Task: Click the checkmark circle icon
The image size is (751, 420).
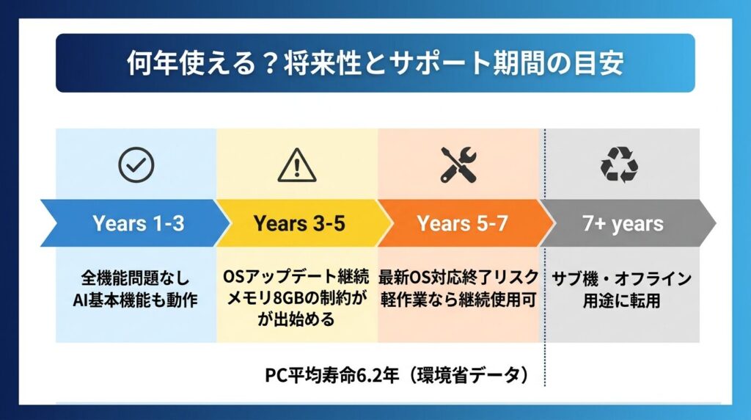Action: (136, 165)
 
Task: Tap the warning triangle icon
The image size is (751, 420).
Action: (297, 165)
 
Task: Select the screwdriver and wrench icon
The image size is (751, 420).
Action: (458, 164)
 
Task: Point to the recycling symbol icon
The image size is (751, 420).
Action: (619, 165)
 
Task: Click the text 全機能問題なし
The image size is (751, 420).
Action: (136, 278)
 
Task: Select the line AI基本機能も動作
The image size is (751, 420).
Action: (136, 300)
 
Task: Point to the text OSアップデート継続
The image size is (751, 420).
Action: (296, 276)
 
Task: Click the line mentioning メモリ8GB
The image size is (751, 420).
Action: (296, 297)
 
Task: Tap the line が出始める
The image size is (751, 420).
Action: (296, 319)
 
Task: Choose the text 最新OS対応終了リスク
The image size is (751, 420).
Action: (458, 277)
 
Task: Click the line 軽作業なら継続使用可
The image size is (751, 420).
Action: (458, 299)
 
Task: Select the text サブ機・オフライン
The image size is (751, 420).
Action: (621, 278)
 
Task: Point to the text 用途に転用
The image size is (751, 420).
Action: (621, 300)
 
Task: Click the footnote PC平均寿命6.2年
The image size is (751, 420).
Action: (332, 375)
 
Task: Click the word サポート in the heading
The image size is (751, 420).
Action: (440, 63)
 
